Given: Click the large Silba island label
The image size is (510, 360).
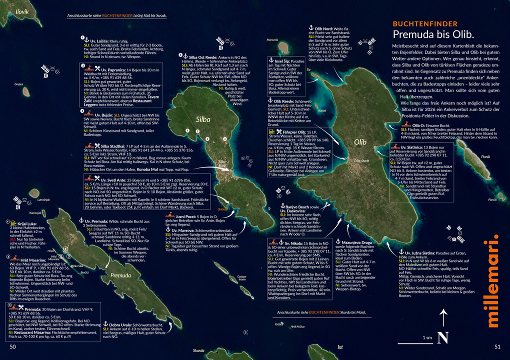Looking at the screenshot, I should (203, 119).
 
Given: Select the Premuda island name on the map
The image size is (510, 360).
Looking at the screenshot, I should (120, 275).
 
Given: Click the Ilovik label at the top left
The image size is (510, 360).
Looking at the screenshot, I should (22, 11).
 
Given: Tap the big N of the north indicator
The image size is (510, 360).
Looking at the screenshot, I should (442, 338).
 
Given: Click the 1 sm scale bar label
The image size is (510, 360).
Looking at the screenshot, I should (427, 337).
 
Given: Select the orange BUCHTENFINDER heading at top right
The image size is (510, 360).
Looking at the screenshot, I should (424, 23).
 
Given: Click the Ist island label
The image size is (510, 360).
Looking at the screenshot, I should (340, 346).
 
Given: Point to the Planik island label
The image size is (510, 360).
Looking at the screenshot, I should (485, 157).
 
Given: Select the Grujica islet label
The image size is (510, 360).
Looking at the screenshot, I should (18, 84).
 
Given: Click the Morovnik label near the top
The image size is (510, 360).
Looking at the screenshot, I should (272, 39).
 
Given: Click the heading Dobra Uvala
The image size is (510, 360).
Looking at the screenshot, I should (118, 324).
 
